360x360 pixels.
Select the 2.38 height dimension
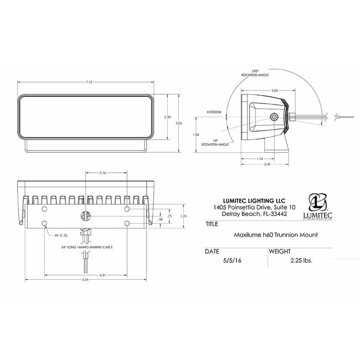(167, 117)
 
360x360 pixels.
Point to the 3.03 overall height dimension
(178, 123)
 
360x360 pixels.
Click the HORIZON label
(214, 112)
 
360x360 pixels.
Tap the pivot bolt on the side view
(276, 117)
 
